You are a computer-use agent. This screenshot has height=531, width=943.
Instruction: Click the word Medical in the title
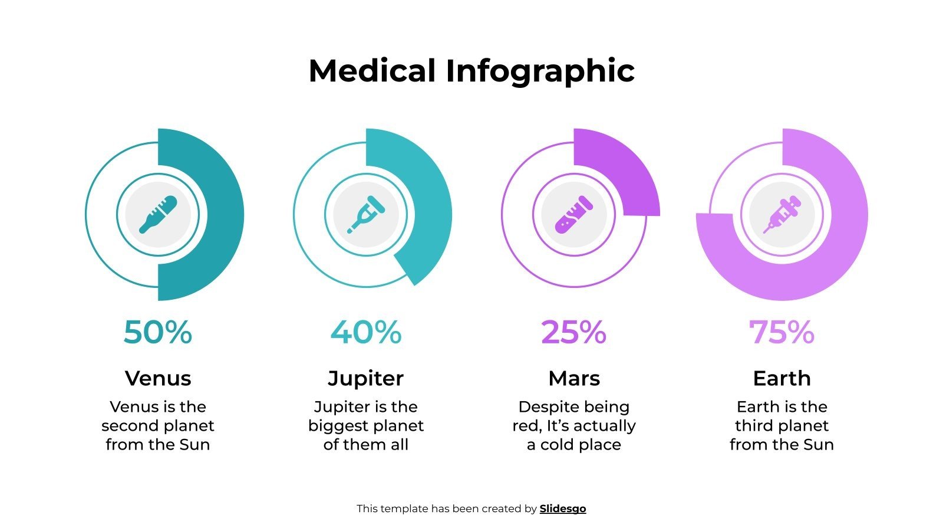click(x=372, y=71)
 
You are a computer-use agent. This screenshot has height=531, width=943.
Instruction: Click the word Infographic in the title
click(x=540, y=72)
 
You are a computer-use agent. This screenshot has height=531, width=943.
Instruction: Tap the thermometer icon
click(x=158, y=215)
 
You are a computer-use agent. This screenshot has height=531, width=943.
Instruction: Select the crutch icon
click(x=366, y=214)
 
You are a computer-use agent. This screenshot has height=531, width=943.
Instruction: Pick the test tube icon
click(x=574, y=214)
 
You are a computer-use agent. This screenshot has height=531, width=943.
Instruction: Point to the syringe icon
click(x=782, y=215)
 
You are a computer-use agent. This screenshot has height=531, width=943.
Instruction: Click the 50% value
click(x=158, y=332)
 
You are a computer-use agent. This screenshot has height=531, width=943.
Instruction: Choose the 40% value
click(x=366, y=332)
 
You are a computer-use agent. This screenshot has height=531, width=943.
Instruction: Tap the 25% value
click(x=574, y=332)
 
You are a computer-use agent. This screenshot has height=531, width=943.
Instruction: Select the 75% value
click(x=782, y=332)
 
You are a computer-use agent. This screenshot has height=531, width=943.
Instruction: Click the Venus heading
click(x=158, y=378)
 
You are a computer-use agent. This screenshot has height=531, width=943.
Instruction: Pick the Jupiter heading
click(x=366, y=378)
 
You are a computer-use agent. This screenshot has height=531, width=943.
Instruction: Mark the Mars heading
click(x=574, y=378)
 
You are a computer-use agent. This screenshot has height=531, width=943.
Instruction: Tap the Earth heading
click(x=782, y=378)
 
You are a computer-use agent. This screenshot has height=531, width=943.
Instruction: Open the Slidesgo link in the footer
click(x=563, y=509)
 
